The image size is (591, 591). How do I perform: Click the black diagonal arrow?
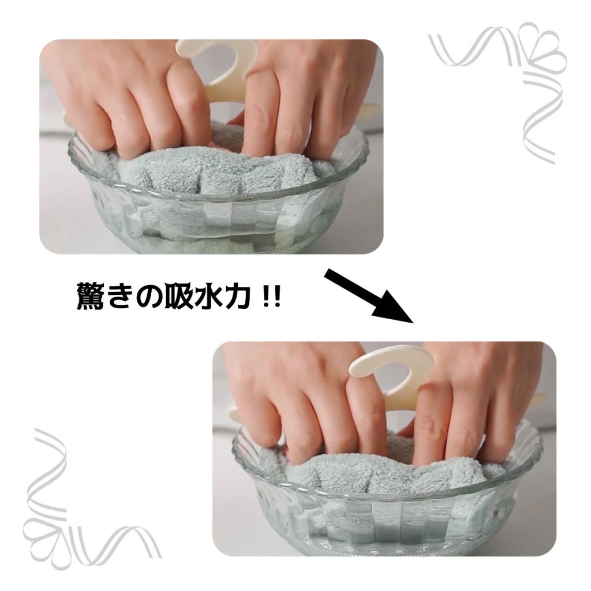(369, 295)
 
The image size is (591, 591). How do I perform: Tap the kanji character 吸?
(177, 295)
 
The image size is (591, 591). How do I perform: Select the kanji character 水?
(207, 295)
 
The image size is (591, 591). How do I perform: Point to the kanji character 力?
(236, 295)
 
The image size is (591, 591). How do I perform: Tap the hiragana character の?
(147, 297)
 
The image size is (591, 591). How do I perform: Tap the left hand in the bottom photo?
(301, 396)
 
